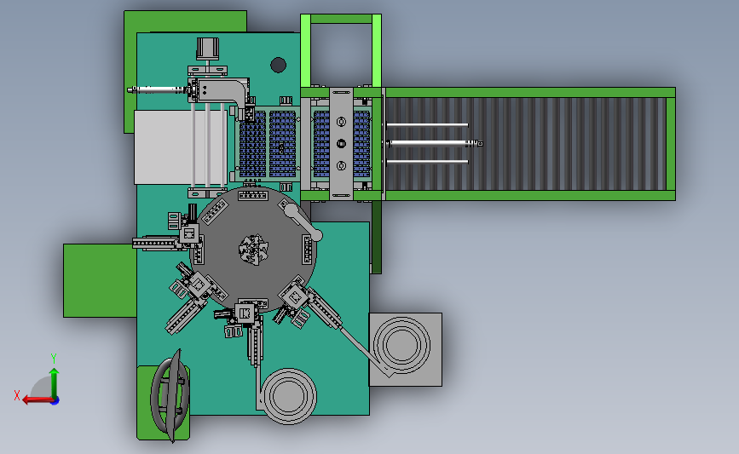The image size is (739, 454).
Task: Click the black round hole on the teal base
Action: click(x=278, y=65)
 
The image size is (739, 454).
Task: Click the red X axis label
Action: click(x=17, y=395)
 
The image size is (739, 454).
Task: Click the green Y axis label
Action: click(x=53, y=359)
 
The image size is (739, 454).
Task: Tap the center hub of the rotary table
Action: click(x=253, y=248)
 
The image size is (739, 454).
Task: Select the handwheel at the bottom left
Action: click(x=170, y=396)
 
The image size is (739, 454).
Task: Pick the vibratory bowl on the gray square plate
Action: click(x=401, y=345)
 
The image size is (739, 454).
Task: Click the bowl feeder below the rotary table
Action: click(x=288, y=395)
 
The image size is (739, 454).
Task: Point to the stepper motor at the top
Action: click(x=208, y=49)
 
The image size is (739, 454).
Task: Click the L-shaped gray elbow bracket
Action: click(x=224, y=91)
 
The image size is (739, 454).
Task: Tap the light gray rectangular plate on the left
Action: click(x=180, y=147)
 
